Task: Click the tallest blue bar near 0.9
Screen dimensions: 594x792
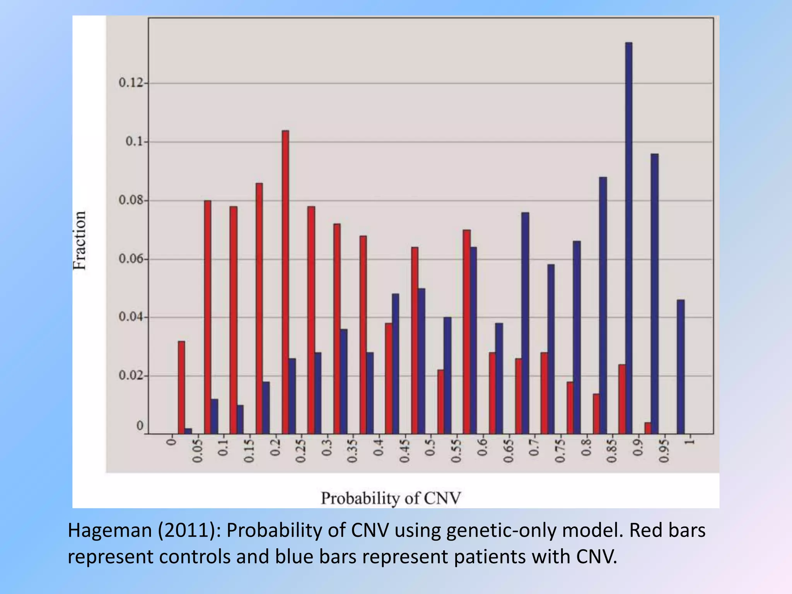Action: tap(629, 238)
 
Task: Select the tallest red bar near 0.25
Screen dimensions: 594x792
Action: tap(285, 282)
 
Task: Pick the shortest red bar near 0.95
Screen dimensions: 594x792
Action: tap(648, 428)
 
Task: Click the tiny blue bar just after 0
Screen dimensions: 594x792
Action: tap(188, 431)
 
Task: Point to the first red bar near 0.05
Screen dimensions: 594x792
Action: tap(181, 387)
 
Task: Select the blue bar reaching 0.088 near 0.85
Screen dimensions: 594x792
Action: tap(603, 306)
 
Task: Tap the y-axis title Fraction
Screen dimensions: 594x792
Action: tap(80, 240)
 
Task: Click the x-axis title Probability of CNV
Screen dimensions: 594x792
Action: tap(391, 498)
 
